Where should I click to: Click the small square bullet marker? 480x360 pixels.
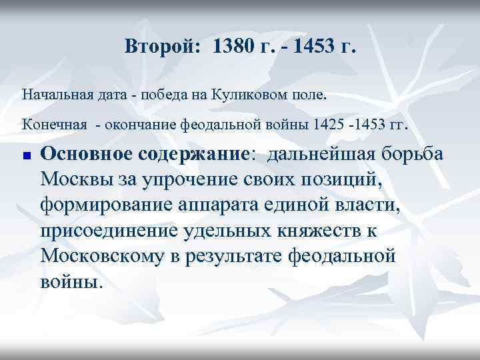[26, 155]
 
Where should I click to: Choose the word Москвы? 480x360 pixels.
[76, 179]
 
